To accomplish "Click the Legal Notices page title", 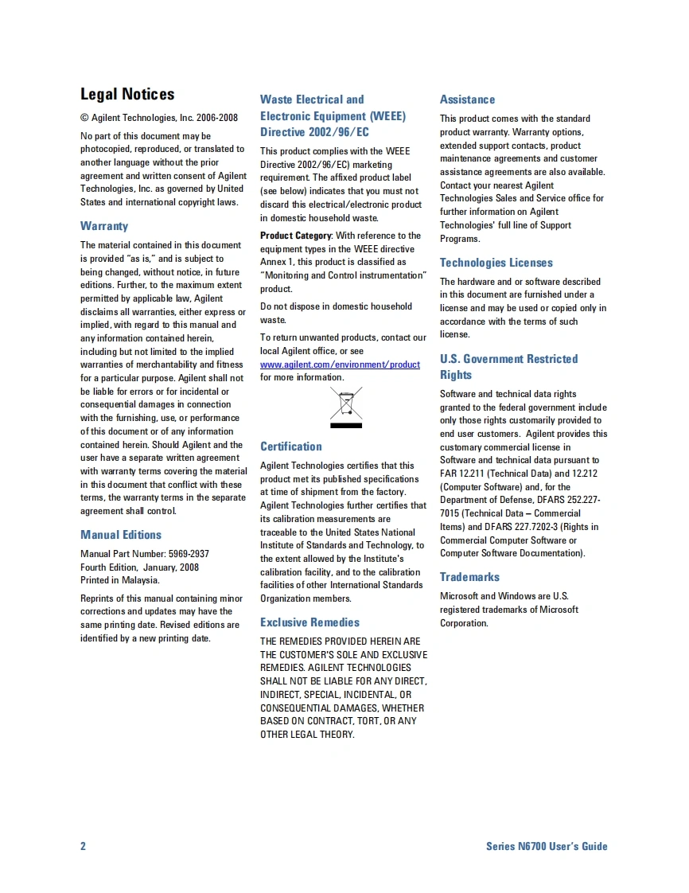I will [x=127, y=95].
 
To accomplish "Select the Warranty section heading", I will [x=104, y=226].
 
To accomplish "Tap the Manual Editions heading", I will [x=121, y=535].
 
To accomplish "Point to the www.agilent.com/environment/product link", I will [x=340, y=365].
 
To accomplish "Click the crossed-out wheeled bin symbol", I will [x=346, y=407].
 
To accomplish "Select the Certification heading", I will [x=291, y=446].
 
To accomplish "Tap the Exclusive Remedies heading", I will [x=309, y=622].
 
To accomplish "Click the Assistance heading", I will [x=467, y=99].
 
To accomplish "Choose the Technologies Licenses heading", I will [x=496, y=263].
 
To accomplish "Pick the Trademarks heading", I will [x=469, y=577].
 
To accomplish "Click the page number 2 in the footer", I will [x=83, y=846].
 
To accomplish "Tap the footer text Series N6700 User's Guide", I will [x=547, y=846].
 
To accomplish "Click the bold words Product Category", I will [x=295, y=236].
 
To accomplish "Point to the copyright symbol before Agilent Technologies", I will [x=84, y=118].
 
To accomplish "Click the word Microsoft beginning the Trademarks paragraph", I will [x=459, y=596].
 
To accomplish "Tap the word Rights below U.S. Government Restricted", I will [x=456, y=375].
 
